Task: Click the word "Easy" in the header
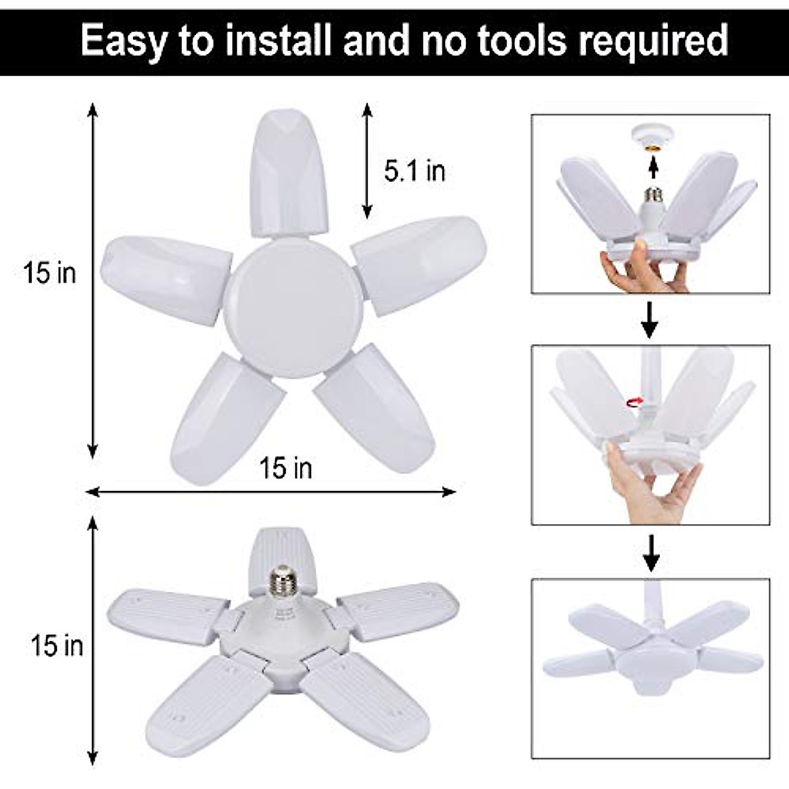pos(123,40)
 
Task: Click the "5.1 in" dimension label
pos(415,171)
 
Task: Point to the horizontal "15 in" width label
pos(285,468)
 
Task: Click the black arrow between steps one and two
pos(650,318)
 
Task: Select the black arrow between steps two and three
pos(651,552)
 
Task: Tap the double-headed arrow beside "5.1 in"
pos(367,160)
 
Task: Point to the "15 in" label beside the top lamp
pos(50,274)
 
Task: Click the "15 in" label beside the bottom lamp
pos(57,646)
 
